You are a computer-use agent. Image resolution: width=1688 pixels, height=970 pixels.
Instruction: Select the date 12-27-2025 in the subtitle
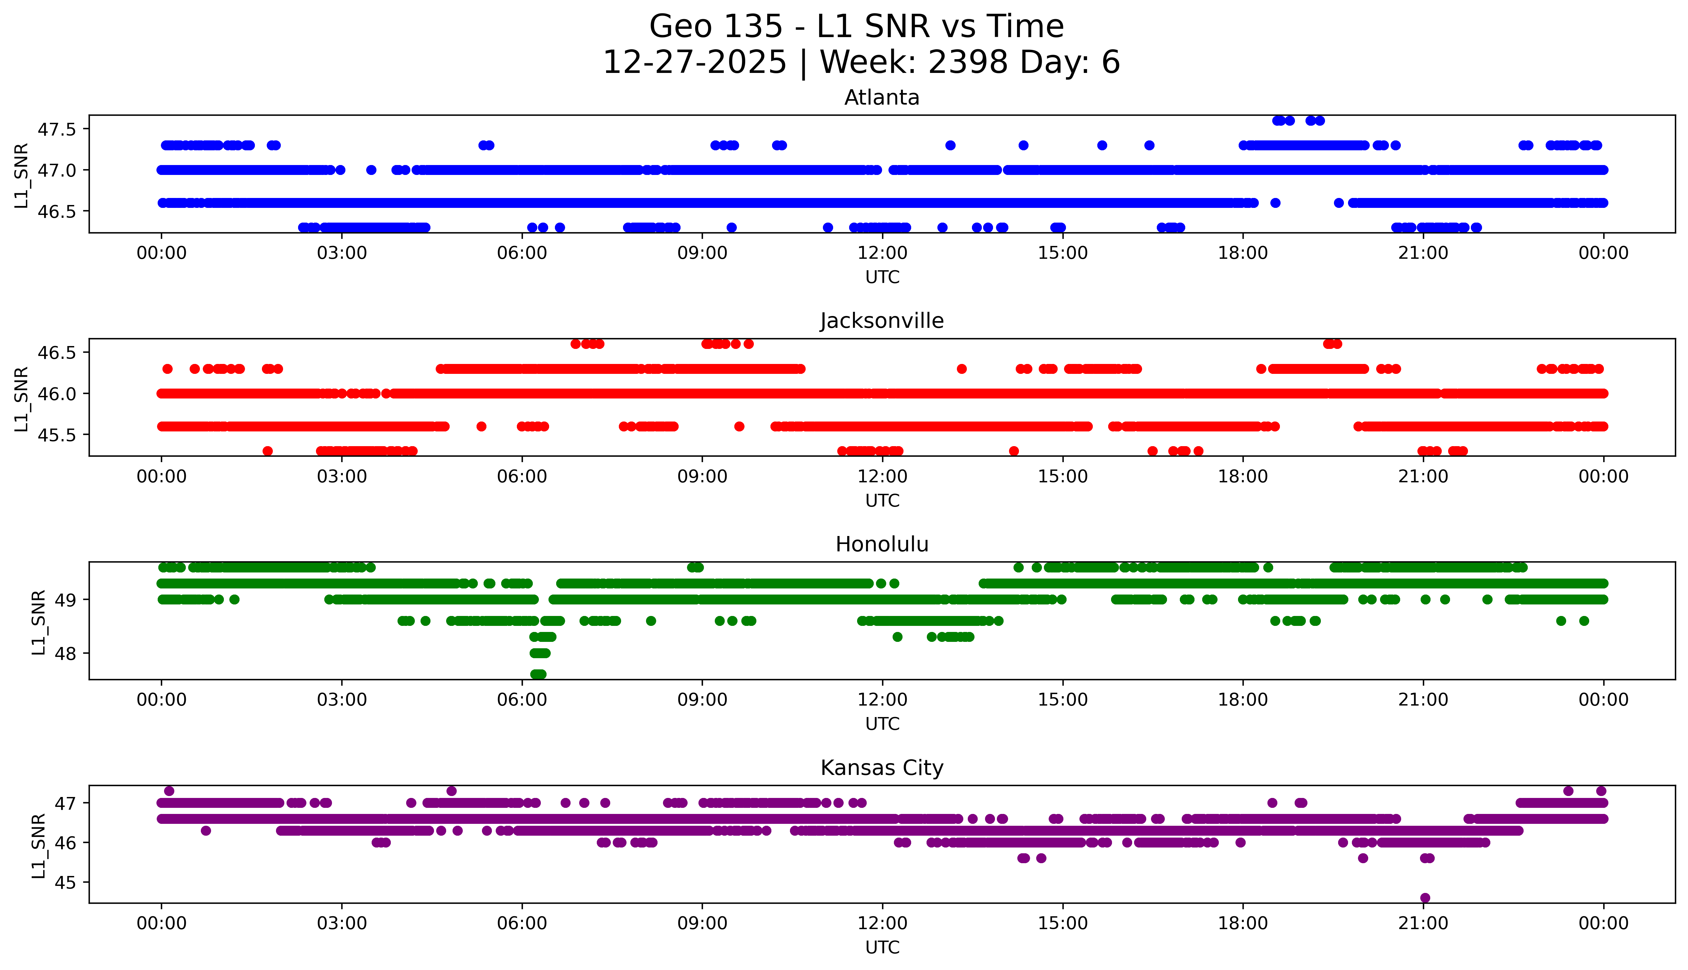coord(695,63)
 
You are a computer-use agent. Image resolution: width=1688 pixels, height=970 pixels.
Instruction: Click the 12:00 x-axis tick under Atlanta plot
coord(882,253)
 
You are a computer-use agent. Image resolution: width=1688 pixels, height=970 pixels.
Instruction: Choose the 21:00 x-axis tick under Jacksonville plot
coord(1423,476)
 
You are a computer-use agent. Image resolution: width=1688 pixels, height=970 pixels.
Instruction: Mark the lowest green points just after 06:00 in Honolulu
coord(538,674)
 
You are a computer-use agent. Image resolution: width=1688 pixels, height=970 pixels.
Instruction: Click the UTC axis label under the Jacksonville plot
coord(882,500)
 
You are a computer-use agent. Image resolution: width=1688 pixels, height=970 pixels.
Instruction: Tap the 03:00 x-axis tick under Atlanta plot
coord(342,253)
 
